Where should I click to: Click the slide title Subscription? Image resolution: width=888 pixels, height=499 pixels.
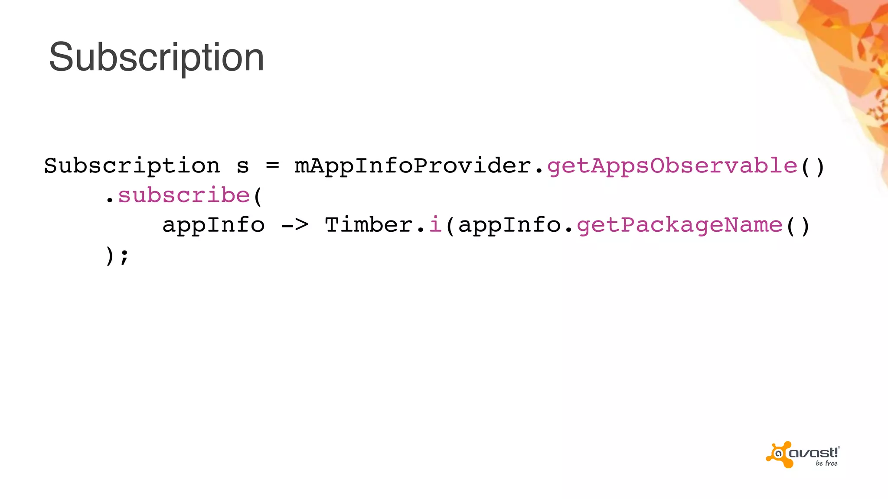157,57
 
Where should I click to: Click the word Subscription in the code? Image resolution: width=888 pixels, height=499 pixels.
132,166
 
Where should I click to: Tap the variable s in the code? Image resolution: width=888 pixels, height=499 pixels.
243,166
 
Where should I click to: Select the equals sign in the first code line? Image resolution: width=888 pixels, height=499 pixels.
272,165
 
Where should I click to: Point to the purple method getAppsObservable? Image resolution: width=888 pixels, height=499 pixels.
672,166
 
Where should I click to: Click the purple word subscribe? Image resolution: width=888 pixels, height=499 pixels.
184,195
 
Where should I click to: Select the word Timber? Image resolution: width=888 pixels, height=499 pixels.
369,225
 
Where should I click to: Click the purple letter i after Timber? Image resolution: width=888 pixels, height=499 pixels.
435,225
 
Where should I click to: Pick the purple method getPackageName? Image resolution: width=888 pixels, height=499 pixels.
679,225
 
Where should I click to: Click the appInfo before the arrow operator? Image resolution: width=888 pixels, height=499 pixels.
213,225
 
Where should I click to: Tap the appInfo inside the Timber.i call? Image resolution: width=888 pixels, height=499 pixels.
509,225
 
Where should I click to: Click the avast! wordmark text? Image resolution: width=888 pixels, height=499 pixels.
814,453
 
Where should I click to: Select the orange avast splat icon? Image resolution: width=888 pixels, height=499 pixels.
780,454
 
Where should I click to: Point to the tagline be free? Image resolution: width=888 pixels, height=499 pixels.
826,463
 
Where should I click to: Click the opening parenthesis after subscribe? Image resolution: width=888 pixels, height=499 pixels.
258,196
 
